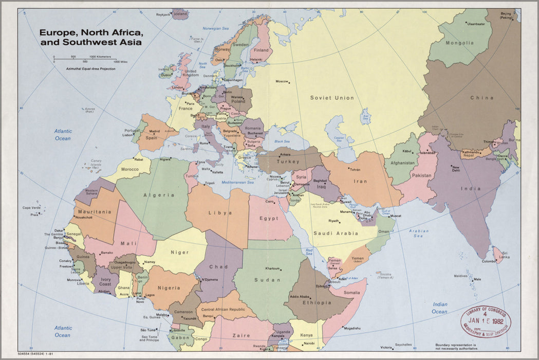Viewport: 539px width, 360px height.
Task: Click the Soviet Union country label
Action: pos(332,98)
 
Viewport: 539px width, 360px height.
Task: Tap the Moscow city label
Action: pos(282,81)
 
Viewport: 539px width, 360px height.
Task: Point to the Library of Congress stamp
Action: pos(486,321)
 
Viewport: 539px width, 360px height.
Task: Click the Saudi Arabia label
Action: pos(336,233)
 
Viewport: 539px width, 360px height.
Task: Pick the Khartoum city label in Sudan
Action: pos(272,268)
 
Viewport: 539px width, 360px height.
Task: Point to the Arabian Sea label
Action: pos(419,233)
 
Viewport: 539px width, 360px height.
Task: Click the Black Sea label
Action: pos(283,141)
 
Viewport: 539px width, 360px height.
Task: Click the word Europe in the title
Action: pos(56,32)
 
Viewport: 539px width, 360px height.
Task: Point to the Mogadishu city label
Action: pos(352,328)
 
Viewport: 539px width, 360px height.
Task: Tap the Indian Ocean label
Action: pos(440,308)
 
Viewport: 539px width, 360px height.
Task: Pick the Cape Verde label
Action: pos(31,208)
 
